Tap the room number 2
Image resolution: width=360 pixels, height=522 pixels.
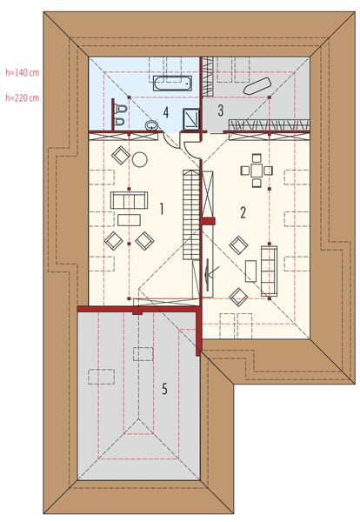tap(243, 211)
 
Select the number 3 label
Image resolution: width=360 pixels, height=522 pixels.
tap(221, 110)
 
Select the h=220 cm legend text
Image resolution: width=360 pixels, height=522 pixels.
tap(22, 97)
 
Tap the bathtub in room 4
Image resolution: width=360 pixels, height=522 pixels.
tap(171, 84)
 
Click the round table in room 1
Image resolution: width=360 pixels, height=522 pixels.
tap(139, 158)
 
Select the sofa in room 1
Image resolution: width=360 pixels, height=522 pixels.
tap(130, 201)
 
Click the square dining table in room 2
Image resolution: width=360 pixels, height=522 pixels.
tap(256, 170)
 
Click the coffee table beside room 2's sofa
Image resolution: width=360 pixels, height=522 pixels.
tap(250, 271)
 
